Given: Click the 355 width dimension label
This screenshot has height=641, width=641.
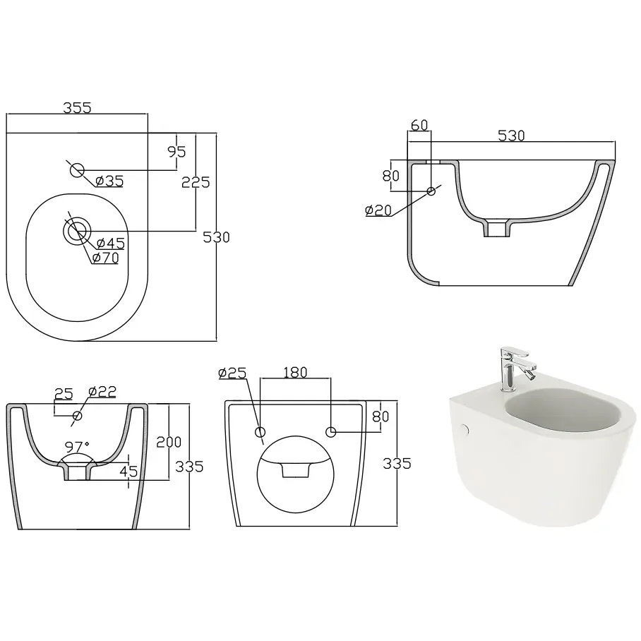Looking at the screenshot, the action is pos(77,107).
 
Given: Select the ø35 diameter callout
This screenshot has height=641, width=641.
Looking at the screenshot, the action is pos(109,181).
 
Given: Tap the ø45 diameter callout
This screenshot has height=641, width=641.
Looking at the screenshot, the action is pos(110,243).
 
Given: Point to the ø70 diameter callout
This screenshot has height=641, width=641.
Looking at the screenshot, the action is pos(105,258).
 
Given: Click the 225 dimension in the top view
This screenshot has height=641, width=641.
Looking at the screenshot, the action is pos(196,182).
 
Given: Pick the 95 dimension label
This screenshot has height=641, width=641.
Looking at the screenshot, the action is pos(176,152).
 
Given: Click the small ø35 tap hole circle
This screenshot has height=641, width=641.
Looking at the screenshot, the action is pos(77,170).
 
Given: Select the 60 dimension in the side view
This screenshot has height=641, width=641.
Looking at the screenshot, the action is pos(419,125).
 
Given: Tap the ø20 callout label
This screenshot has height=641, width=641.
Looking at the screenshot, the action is pos(378,210).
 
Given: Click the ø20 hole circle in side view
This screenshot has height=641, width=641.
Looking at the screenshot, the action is pos(431,191).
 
